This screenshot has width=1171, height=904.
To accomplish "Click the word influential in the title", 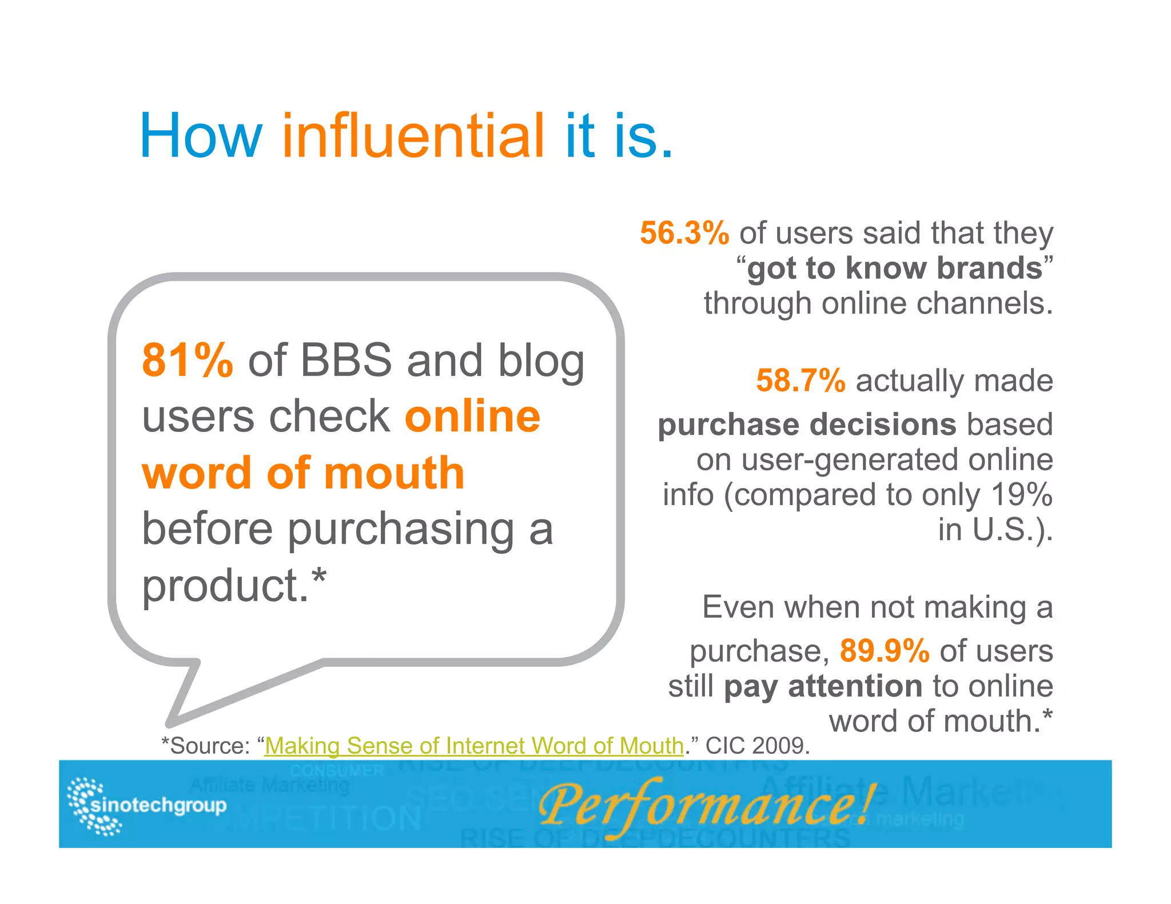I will [x=413, y=136].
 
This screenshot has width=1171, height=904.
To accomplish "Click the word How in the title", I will [x=200, y=136].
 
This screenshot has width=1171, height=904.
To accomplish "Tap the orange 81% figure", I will [x=187, y=361].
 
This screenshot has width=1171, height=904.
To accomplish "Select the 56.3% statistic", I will [x=684, y=234].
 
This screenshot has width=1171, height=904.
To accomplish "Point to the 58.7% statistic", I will [x=800, y=381].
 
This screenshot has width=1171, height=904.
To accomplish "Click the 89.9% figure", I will [x=884, y=651].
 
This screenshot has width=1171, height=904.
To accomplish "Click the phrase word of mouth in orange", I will [x=303, y=473].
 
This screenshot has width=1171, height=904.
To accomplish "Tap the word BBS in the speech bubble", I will [x=346, y=361].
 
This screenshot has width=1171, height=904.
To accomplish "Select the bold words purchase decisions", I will [x=806, y=425].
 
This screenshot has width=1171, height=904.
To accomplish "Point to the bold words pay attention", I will [x=823, y=686].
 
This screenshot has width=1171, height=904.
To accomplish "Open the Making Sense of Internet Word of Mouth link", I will [x=474, y=746].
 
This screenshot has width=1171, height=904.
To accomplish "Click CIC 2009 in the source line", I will [x=757, y=746].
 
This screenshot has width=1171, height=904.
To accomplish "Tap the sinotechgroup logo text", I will [x=159, y=805].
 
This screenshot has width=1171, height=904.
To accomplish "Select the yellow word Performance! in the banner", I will [x=706, y=805].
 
